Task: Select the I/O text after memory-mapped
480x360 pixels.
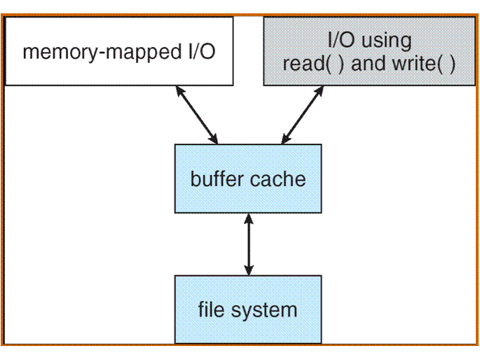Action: tap(199, 53)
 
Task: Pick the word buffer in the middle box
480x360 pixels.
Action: tap(215, 179)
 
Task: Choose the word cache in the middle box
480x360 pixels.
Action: tap(280, 179)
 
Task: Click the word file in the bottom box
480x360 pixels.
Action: tap(211, 309)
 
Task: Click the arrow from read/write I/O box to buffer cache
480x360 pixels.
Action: tap(303, 113)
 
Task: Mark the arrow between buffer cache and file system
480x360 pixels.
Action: tap(248, 244)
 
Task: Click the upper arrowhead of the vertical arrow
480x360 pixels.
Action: tap(248, 219)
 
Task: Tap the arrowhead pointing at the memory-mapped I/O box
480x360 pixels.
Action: tap(179, 90)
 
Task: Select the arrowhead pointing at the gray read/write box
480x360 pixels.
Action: tap(321, 90)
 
